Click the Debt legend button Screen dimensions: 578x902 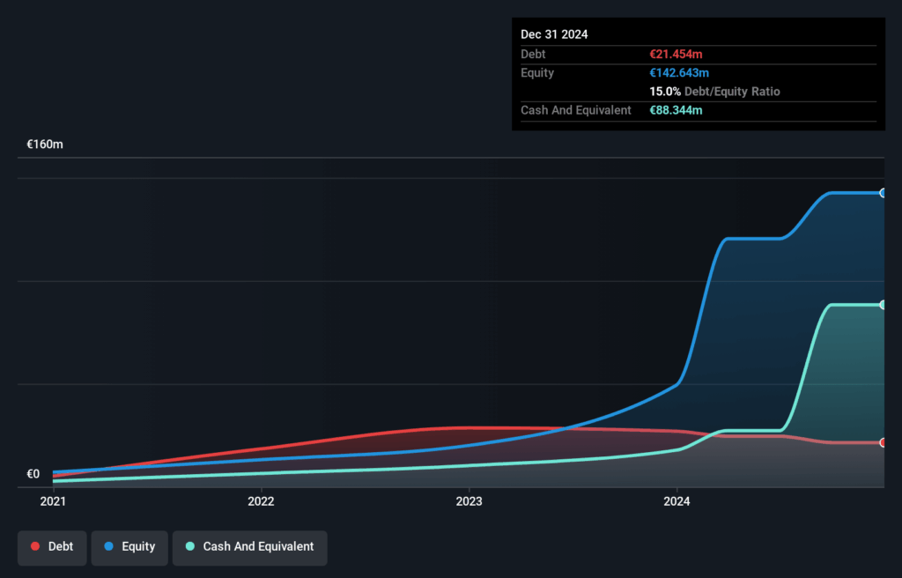tap(52, 547)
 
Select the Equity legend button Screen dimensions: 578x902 tap(129, 547)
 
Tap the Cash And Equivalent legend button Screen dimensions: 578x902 tap(249, 547)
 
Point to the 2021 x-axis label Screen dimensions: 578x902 tap(53, 501)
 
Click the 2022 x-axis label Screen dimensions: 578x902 tap(261, 501)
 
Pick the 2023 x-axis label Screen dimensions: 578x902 tap(469, 501)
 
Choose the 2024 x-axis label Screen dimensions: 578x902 tap(676, 501)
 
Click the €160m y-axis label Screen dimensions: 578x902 tap(45, 144)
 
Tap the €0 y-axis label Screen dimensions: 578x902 tap(33, 474)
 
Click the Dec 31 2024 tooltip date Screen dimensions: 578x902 tap(554, 34)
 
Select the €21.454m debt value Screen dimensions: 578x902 tap(676, 55)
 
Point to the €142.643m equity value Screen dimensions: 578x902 tap(679, 73)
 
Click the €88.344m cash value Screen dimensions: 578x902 tap(676, 110)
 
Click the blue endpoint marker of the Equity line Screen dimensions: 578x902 tap(883, 193)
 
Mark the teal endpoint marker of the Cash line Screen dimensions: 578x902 tap(883, 305)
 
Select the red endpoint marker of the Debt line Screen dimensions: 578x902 tap(883, 442)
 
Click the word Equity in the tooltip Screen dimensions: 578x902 tap(537, 73)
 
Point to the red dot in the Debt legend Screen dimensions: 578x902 tap(35, 547)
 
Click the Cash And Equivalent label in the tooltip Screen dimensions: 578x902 tap(576, 110)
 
